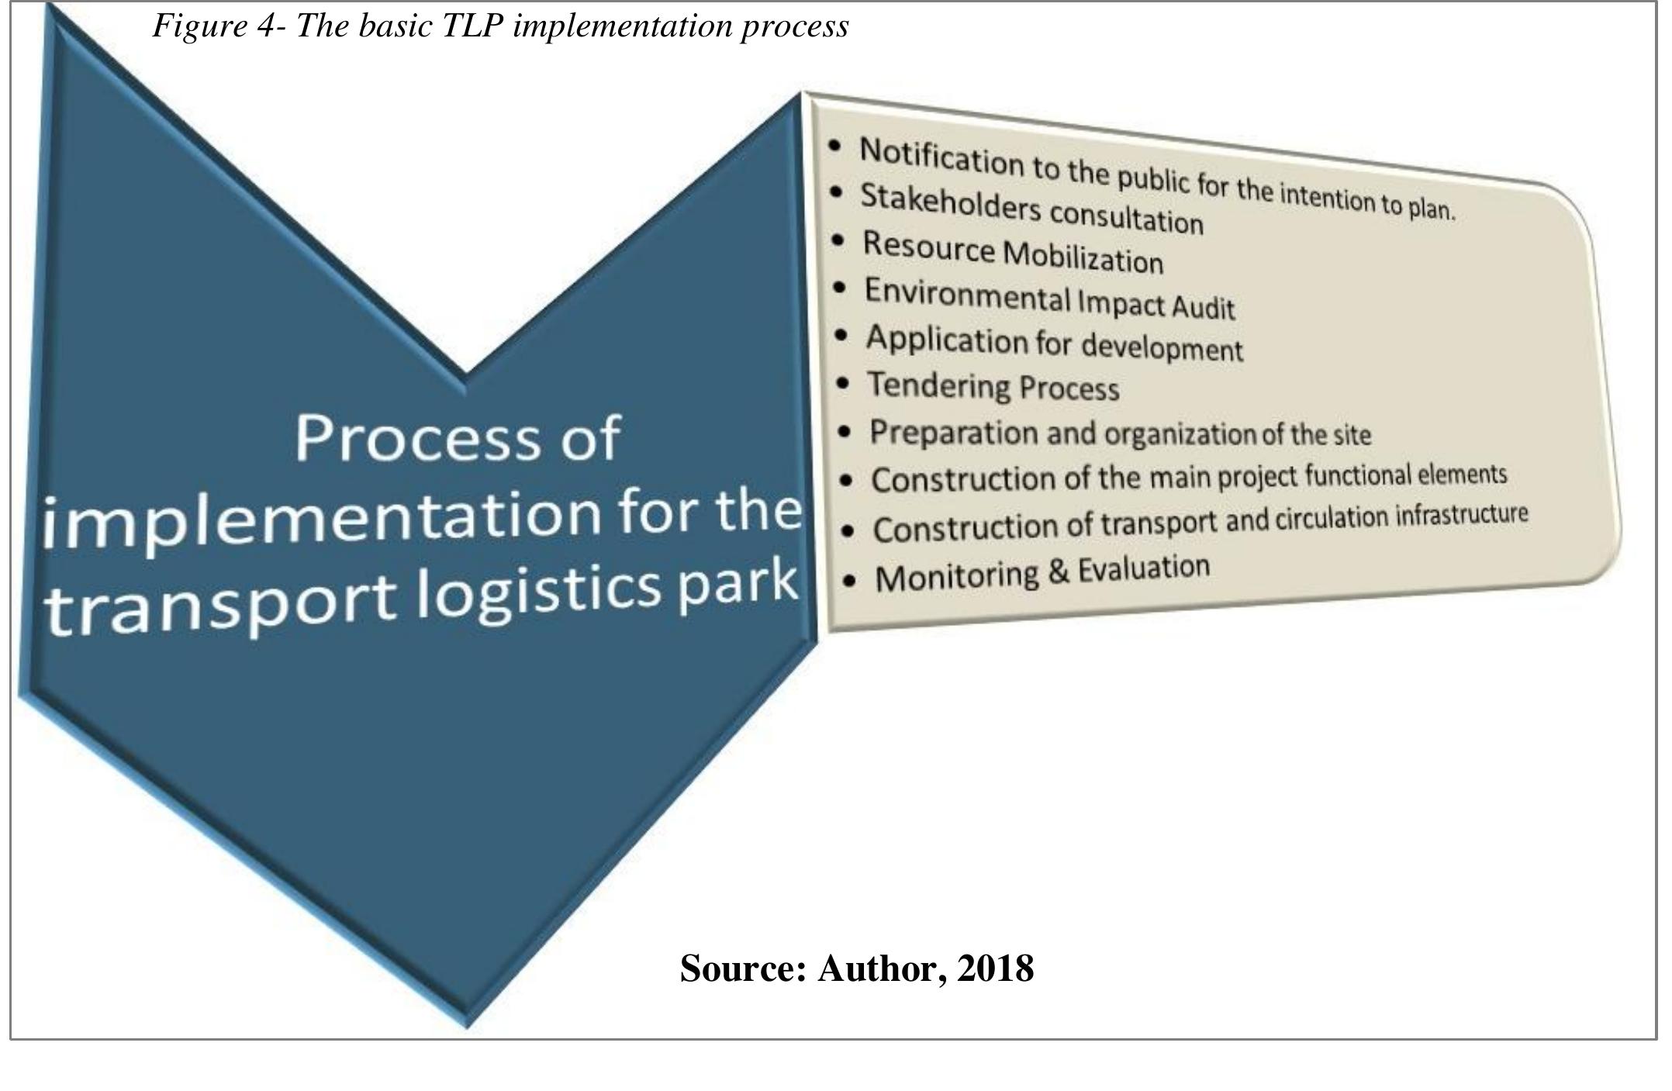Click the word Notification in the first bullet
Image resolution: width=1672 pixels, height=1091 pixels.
coord(941,157)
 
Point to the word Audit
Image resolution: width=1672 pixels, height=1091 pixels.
coord(1203,307)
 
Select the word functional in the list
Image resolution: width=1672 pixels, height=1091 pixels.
coord(1356,475)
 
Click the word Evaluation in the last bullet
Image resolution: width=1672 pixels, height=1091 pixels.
coord(1144,568)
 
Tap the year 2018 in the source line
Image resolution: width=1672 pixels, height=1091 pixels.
coord(995,968)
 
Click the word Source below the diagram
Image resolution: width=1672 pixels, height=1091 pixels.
coord(743,968)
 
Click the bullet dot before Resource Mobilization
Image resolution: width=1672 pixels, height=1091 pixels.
coord(838,241)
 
